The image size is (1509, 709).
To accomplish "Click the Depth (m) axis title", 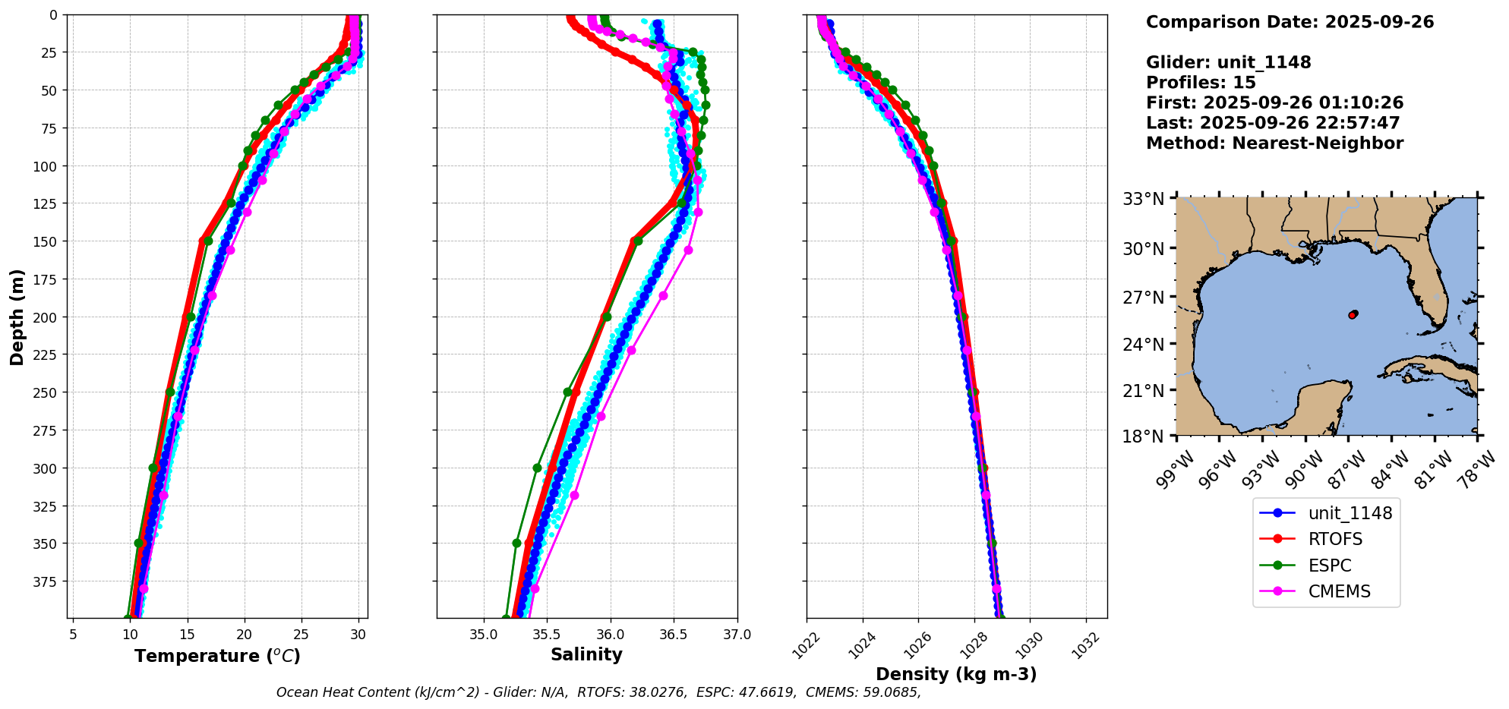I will tap(17, 317).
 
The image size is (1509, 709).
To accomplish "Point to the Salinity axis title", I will tap(586, 655).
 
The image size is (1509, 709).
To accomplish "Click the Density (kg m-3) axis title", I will tap(956, 674).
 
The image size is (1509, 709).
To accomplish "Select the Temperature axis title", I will tap(217, 656).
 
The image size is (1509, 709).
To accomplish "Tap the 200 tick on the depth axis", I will tap(46, 317).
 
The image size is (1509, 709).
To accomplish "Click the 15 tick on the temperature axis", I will tap(188, 634).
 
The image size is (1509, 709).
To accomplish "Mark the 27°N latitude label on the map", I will tap(1143, 298).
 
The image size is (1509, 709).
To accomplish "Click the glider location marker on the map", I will tap(1353, 314).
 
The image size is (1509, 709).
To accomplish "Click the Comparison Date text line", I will tap(1290, 22).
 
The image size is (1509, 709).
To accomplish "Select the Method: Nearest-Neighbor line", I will tap(1274, 143).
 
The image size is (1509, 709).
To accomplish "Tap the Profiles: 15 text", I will tap(1201, 83).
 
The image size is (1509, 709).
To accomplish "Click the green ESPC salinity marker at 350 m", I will tap(517, 544).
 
